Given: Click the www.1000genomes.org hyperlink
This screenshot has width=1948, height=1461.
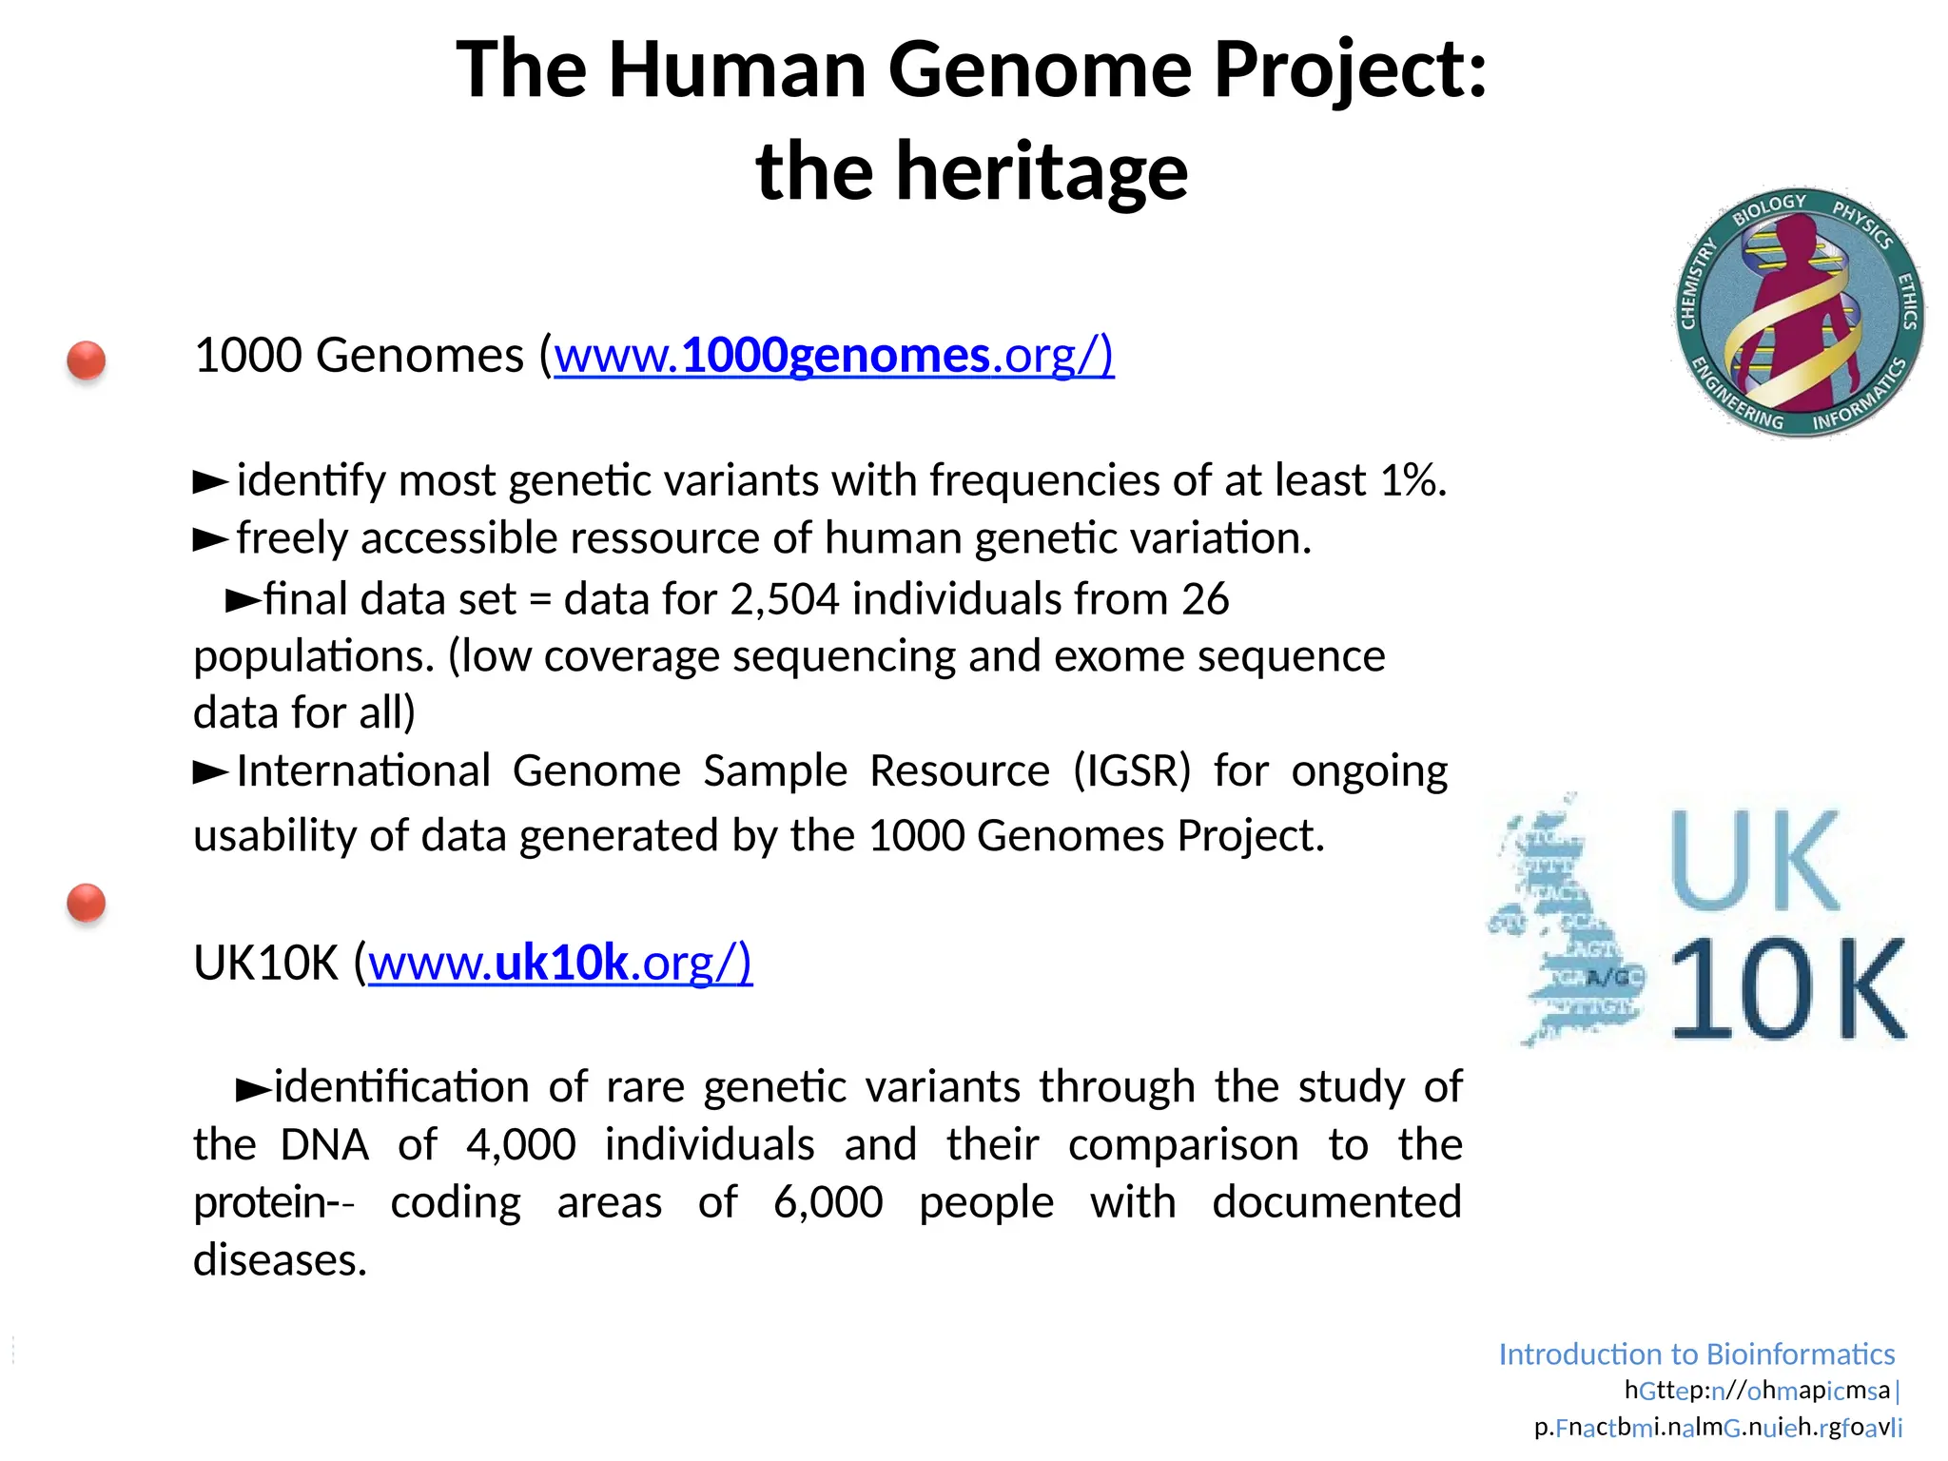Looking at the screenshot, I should (833, 356).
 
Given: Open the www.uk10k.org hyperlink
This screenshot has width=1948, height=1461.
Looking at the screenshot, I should (560, 963).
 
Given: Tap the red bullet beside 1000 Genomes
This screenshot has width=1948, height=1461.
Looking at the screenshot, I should (87, 360).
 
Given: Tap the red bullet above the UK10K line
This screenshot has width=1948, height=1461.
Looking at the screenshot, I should (87, 903).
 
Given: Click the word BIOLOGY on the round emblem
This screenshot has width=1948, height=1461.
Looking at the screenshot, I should (1768, 208).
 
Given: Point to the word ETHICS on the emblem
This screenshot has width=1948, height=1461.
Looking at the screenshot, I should (1906, 301).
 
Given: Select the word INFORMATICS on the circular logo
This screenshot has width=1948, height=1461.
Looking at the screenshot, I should (1860, 398).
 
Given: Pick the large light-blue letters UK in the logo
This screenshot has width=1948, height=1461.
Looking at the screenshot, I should (1755, 861).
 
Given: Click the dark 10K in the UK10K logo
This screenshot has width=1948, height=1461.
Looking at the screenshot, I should (1788, 989).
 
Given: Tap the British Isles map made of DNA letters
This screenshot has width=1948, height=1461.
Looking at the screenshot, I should (1565, 923).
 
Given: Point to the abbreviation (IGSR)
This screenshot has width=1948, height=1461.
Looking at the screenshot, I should (1132, 770).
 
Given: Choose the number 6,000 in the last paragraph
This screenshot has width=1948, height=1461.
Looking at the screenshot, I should (828, 1202).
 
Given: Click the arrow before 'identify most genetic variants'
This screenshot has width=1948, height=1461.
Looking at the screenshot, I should (210, 481).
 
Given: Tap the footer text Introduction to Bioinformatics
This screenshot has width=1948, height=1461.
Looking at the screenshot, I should (1696, 1354).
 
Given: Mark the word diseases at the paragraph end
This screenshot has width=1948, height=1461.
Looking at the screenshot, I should (280, 1260).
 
